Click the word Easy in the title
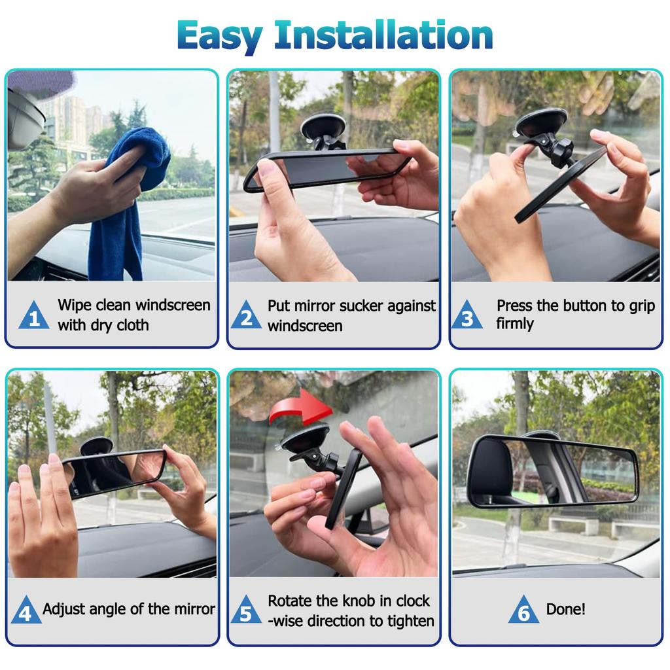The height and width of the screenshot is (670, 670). pos(220,37)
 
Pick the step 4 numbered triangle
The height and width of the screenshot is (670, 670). pos(26,609)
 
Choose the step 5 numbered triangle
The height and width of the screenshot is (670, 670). pos(246,609)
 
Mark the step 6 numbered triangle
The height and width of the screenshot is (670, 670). pos(523,609)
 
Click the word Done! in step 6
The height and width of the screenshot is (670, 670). pos(566,609)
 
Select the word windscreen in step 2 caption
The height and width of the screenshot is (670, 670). pos(305,326)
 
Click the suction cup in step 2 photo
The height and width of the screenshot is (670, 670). pos(323,127)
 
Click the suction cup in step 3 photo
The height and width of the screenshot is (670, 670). pos(540,122)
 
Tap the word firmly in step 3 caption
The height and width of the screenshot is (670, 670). pos(515,323)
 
